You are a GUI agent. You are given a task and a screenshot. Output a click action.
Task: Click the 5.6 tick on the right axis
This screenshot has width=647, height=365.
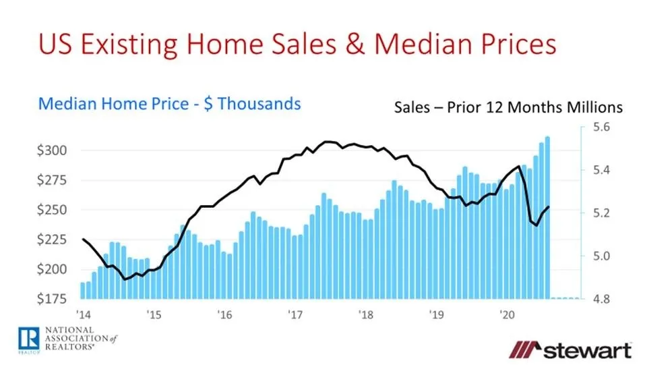(x=600, y=127)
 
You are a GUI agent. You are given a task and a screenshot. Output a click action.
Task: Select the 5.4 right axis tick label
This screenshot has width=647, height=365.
(x=600, y=170)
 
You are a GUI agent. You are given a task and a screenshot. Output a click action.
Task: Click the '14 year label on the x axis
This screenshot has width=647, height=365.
(x=83, y=314)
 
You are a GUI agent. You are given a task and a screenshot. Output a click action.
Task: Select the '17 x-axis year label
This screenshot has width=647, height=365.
(x=294, y=314)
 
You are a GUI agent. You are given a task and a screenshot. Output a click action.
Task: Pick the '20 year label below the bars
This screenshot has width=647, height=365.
(x=505, y=314)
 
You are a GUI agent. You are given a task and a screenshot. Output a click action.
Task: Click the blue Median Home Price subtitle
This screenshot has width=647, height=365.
(x=169, y=104)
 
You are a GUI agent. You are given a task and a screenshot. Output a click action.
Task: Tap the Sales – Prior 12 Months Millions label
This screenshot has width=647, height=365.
(x=509, y=107)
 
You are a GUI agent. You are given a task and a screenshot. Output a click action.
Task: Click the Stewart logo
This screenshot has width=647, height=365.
(x=571, y=350)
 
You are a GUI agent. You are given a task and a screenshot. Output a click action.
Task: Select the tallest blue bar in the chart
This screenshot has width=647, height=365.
(x=547, y=216)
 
